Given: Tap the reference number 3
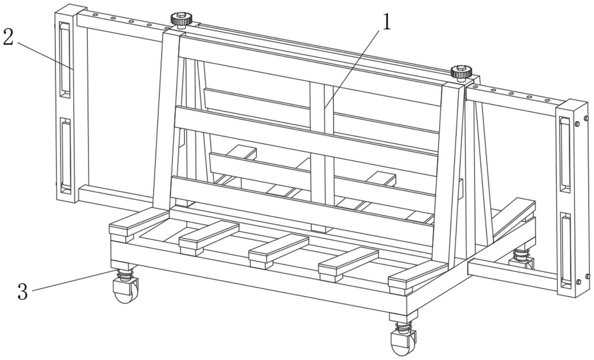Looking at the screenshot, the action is pyautogui.click(x=22, y=291).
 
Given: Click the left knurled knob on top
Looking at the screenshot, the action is pyautogui.click(x=181, y=20).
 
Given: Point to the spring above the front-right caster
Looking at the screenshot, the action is pyautogui.click(x=404, y=326).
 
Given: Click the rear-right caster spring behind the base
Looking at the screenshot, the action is pyautogui.click(x=520, y=254).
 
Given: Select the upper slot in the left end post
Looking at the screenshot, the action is pyautogui.click(x=65, y=60).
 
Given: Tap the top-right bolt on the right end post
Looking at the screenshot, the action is pyautogui.click(x=586, y=118).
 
